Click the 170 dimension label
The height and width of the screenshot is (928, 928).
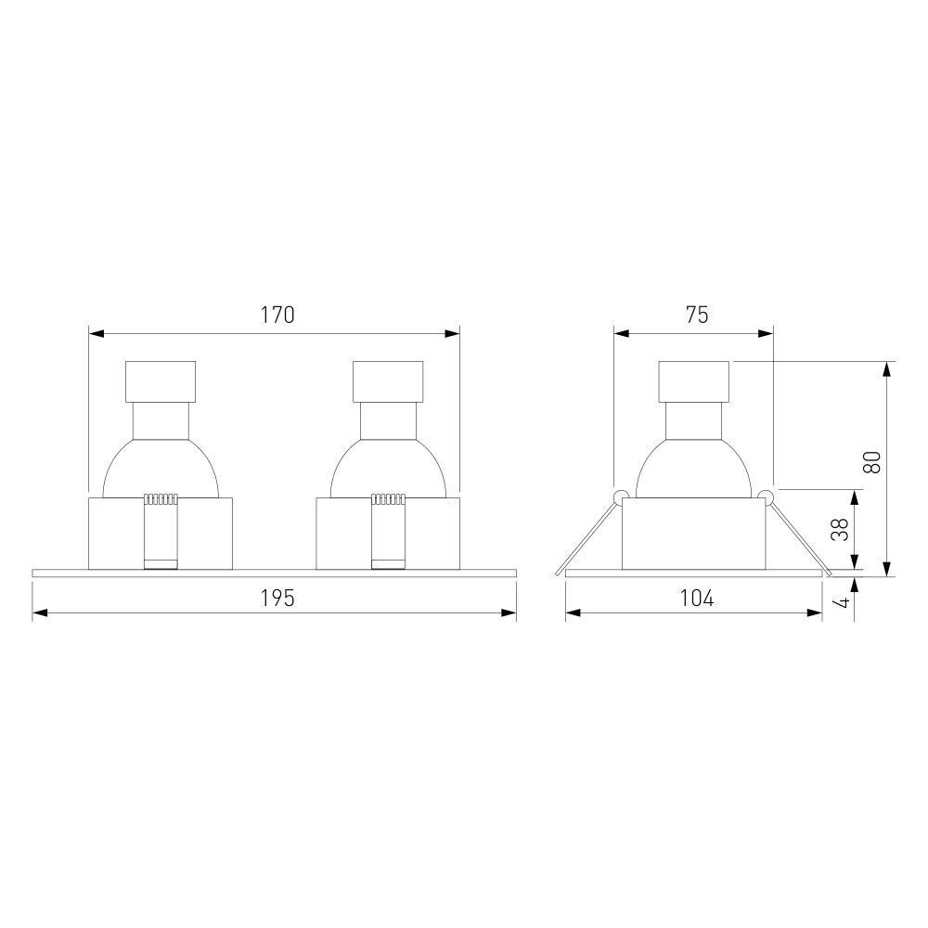click(277, 315)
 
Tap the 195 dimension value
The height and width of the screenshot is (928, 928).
click(277, 599)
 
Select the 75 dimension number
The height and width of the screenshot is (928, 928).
click(697, 315)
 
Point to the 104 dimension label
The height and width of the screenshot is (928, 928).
click(697, 599)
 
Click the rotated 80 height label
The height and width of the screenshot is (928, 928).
click(872, 461)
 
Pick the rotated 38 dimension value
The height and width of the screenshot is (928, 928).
click(840, 529)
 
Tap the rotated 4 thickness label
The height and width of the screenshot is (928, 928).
click(844, 602)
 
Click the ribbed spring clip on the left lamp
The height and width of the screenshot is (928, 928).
click(161, 531)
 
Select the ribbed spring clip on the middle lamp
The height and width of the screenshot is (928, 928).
click(388, 531)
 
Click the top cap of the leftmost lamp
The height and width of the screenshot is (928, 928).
click(161, 381)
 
